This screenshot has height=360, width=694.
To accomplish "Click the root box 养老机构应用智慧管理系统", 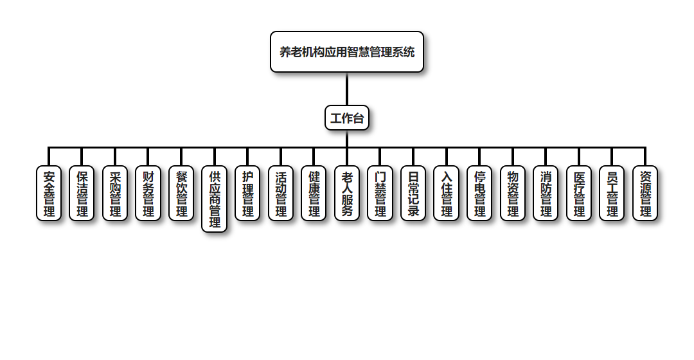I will (x=347, y=52).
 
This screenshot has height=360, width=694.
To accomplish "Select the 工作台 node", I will (x=347, y=118).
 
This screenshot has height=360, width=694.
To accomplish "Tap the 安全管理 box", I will (x=49, y=194).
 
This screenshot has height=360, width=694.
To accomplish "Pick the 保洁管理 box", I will (x=82, y=194).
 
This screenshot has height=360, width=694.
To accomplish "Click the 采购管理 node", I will (x=115, y=194).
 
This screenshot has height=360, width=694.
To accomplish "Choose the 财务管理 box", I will (x=148, y=194).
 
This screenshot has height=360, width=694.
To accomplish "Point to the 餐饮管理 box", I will (x=181, y=194).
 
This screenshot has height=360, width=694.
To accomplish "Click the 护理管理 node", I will (x=247, y=194).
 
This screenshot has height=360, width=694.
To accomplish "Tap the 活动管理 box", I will (x=281, y=194).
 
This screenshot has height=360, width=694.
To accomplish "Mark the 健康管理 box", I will (x=314, y=194).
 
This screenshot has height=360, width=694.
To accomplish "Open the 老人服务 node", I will (x=347, y=194).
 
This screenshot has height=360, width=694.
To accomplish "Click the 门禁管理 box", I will (x=380, y=194).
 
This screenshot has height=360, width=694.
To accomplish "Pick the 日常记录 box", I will (x=413, y=194).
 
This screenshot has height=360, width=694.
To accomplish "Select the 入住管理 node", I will (x=447, y=194).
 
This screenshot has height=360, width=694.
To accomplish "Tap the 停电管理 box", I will (x=479, y=194).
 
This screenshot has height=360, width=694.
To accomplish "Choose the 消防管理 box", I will (x=546, y=194).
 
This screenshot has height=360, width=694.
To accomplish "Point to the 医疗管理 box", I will (x=579, y=194).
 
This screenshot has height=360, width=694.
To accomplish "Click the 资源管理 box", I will (x=645, y=194).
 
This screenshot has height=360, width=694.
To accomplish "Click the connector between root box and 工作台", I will (x=347, y=89).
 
